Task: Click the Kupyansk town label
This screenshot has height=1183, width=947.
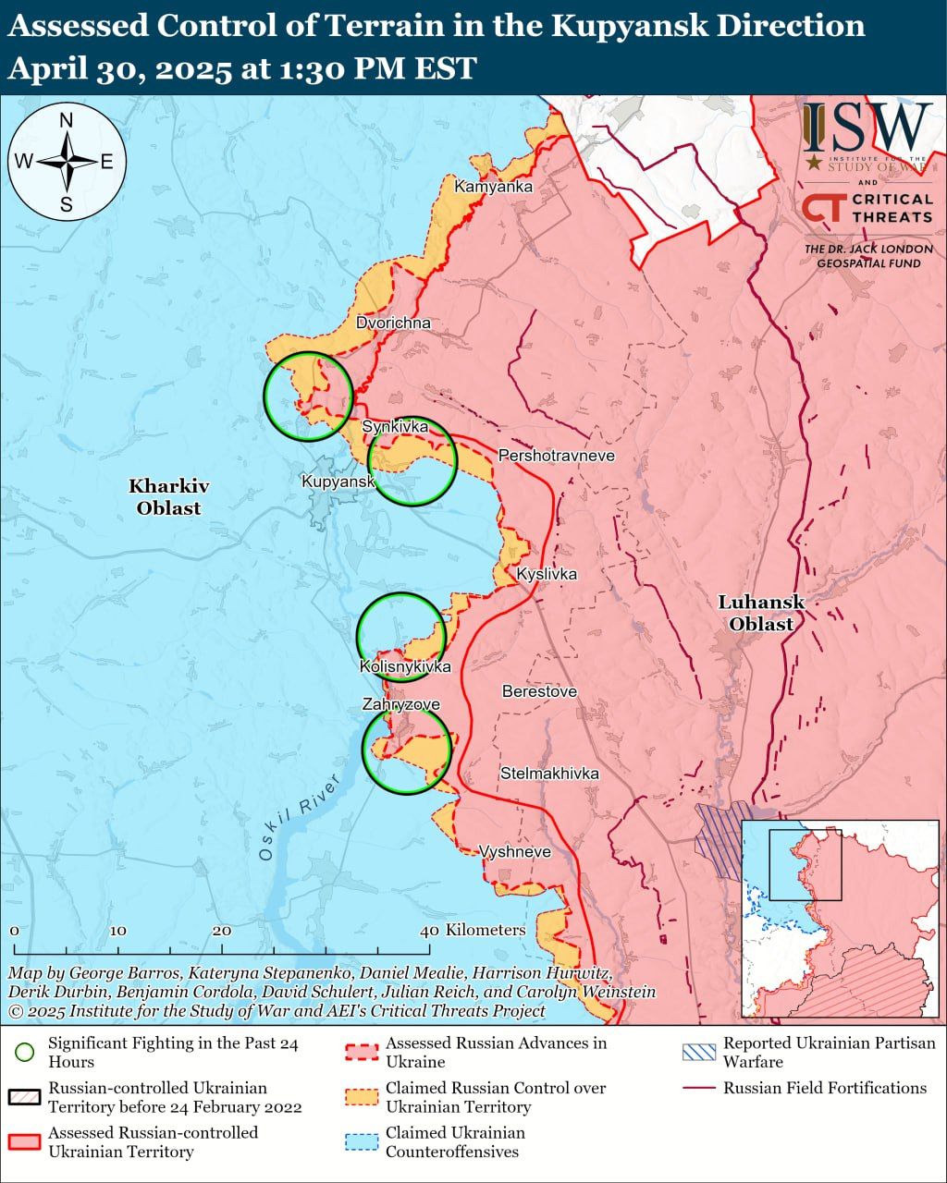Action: point(338,482)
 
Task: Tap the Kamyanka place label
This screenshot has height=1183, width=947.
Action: point(493,187)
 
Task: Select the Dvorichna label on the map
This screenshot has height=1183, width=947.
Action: point(393,323)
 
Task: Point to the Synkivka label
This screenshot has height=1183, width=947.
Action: point(395,426)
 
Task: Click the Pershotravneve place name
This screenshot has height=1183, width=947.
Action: point(556,456)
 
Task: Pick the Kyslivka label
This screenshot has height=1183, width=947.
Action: point(547,574)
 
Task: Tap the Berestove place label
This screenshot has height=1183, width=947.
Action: point(539,691)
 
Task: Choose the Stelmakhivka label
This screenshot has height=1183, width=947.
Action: point(549,774)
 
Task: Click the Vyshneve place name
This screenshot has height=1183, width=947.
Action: point(515,852)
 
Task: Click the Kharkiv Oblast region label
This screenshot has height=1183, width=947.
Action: point(168,496)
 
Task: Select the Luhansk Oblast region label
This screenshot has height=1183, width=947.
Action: point(761,613)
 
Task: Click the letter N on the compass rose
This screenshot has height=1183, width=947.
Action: point(67,120)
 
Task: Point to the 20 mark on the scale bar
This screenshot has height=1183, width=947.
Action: point(222,931)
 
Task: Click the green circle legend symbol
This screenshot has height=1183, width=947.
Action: point(25,1052)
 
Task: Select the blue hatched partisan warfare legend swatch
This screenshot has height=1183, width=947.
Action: point(698,1052)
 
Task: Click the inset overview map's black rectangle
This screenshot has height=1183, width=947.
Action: point(806,864)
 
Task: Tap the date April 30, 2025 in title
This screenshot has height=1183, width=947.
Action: point(119,69)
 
